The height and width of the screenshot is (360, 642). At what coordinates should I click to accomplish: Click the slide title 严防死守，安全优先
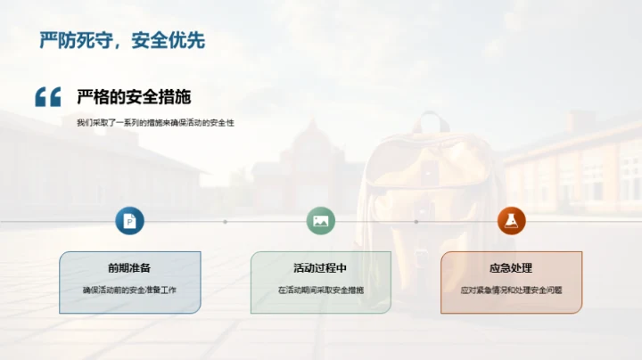tap(122, 40)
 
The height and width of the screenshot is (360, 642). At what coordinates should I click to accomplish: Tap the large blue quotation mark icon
tap(48, 97)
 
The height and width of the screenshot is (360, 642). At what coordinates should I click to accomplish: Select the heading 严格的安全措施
tap(134, 97)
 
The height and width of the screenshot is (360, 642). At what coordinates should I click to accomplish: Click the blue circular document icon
tap(129, 221)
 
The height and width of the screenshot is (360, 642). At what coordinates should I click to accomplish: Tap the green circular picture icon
tap(320, 221)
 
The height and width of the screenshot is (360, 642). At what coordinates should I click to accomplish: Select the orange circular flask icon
tap(511, 221)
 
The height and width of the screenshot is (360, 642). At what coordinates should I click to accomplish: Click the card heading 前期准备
tap(129, 268)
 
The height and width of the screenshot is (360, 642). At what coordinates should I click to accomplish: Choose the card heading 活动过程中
tap(320, 268)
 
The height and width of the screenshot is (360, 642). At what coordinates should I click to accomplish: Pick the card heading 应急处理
tap(511, 268)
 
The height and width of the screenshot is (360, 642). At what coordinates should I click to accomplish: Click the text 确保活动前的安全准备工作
tap(129, 290)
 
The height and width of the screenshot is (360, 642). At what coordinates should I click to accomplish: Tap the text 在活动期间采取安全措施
tap(320, 290)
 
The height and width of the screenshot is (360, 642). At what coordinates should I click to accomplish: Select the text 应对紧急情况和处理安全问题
tap(511, 290)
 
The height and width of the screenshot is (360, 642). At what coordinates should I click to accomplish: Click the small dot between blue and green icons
tap(225, 221)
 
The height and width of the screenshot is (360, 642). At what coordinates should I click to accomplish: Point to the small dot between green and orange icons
tap(416, 221)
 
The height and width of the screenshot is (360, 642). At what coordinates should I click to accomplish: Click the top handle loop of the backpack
tap(432, 121)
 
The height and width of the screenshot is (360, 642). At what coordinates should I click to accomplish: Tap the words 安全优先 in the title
tap(168, 40)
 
